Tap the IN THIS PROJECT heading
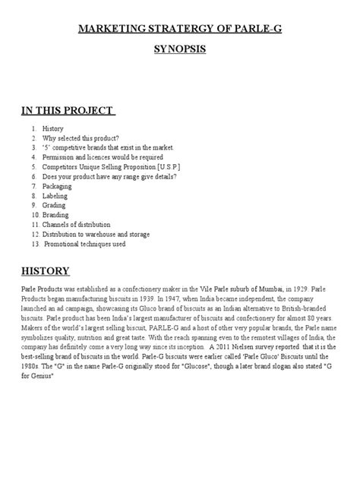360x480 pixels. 68,112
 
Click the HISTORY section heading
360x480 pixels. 45,271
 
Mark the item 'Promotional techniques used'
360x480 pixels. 84,244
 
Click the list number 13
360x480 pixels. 33,244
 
